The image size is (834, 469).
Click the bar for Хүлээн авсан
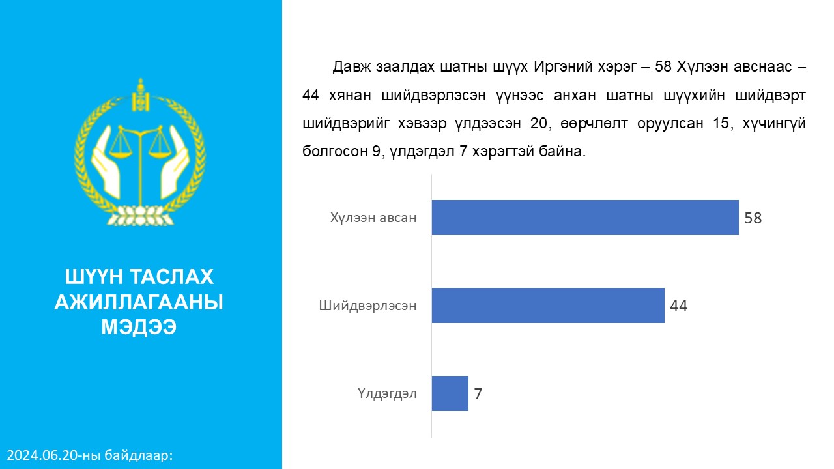click(585, 218)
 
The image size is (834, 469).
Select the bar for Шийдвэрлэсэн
click(548, 306)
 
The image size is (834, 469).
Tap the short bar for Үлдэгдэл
click(450, 393)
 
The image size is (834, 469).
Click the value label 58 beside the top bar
click(753, 218)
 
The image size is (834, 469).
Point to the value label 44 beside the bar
click(678, 306)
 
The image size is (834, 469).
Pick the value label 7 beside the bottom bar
click(478, 394)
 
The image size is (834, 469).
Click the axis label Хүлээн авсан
click(373, 218)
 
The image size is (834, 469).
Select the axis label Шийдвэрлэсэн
click(367, 306)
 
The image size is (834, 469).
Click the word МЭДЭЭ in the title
click(139, 327)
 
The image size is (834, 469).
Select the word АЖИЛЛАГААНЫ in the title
click(139, 302)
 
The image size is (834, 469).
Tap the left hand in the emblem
click(107, 163)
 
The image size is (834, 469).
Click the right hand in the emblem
click(174, 163)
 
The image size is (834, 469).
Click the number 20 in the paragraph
click(538, 123)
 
